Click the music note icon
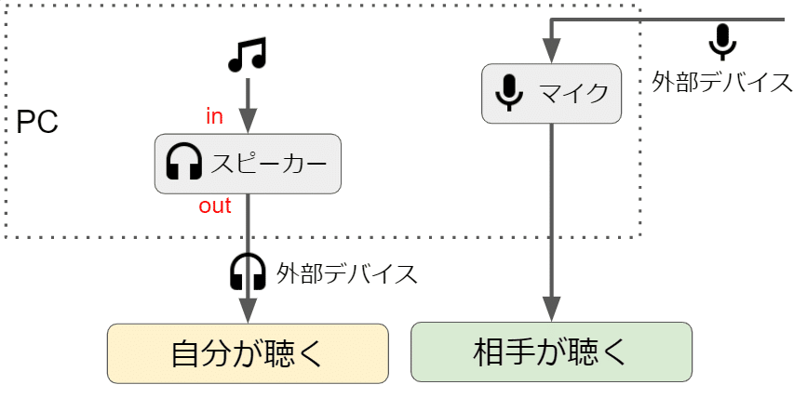247,55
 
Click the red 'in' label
215,116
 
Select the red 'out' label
215,206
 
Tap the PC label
37,123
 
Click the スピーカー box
248,165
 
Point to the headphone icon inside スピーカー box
183,164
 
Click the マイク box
551,93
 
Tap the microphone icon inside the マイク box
508,93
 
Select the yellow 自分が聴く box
248,353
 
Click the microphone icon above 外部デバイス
722,42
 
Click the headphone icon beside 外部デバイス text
248,272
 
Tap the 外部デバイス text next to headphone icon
346,273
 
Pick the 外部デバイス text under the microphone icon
722,82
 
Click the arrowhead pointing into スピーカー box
248,123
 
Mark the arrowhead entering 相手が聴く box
551,310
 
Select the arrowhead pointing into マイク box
551,54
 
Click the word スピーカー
269,165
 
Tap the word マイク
573,93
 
